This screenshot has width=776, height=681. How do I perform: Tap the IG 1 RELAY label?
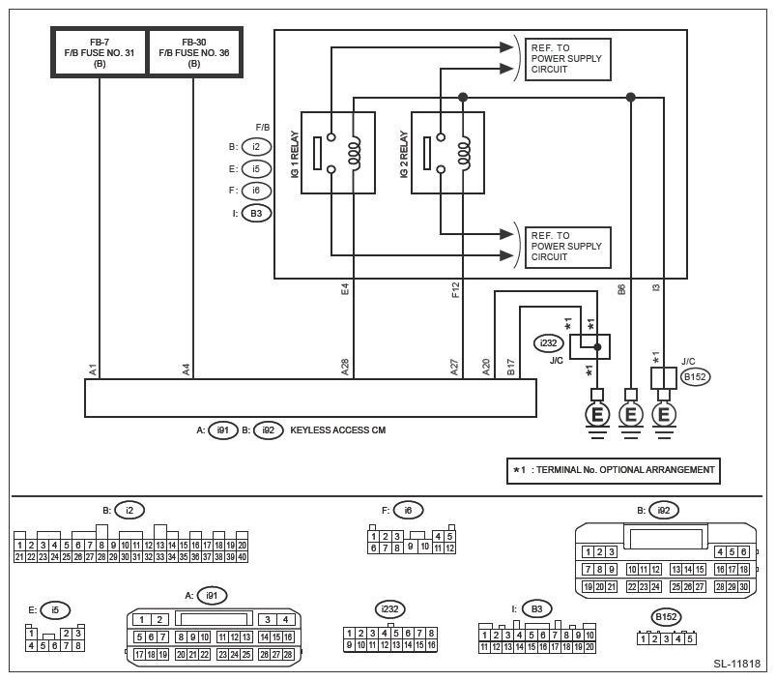click(x=295, y=154)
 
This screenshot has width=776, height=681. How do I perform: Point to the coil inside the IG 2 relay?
click(x=465, y=153)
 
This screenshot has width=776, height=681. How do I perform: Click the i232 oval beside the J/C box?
click(x=548, y=343)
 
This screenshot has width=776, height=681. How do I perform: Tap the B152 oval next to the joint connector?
click(x=695, y=377)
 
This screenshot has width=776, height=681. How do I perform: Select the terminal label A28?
click(x=345, y=367)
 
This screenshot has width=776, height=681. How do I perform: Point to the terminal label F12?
click(x=456, y=290)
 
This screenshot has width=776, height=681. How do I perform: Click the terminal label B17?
click(x=511, y=367)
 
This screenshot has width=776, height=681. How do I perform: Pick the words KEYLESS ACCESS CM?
click(x=338, y=429)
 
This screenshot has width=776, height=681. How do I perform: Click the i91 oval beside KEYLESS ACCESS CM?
click(x=222, y=429)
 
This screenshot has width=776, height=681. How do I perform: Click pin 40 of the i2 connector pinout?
click(x=242, y=556)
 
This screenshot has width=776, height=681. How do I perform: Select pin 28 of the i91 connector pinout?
click(x=288, y=654)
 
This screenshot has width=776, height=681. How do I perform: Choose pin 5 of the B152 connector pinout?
click(x=690, y=638)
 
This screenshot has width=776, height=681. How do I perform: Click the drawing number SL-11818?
click(x=736, y=664)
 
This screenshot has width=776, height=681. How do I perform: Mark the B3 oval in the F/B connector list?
click(x=256, y=214)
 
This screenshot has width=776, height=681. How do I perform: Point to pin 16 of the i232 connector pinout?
click(x=432, y=645)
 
